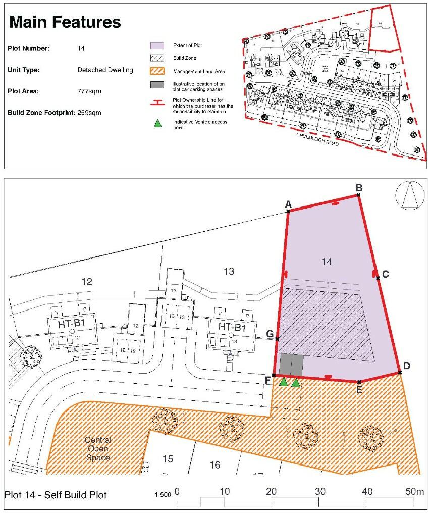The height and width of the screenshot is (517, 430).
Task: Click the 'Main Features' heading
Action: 65,22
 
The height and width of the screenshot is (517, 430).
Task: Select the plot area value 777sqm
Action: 89,91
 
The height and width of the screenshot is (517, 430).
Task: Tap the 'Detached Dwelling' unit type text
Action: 105,70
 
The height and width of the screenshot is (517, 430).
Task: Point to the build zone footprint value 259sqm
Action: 89,113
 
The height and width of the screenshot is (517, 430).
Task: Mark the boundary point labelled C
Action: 378,277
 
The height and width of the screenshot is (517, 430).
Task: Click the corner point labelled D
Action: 400,373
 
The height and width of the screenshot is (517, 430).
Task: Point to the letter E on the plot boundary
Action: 359,390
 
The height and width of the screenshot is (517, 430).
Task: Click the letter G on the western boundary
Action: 270,334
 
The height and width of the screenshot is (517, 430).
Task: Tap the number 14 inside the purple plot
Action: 327,261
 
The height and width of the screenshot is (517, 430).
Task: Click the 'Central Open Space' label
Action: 98,448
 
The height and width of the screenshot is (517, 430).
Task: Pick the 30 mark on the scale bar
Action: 319,491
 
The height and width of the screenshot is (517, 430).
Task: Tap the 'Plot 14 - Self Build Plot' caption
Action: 56,495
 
